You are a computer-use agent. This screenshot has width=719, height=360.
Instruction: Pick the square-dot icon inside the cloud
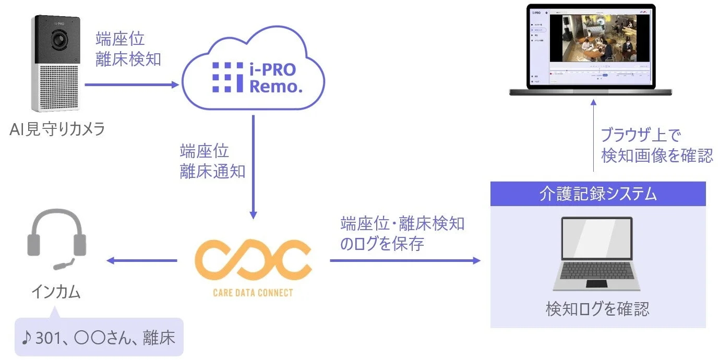pos(227,77)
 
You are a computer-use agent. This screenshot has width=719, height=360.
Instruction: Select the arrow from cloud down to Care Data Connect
pos(254,166)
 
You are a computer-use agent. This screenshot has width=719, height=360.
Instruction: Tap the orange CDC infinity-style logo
pos(253,260)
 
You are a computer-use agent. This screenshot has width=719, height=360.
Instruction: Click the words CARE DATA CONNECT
pos(253,293)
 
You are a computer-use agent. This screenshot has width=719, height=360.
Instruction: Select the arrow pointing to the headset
pos(142,260)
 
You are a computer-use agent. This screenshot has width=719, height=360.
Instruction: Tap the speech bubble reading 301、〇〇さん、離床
pos(99,338)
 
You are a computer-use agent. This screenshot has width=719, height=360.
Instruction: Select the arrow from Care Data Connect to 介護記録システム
pos(405,260)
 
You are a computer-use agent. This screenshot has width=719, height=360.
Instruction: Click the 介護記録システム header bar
pos(597,194)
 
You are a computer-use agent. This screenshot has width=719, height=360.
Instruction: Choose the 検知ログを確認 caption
pos(597,309)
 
